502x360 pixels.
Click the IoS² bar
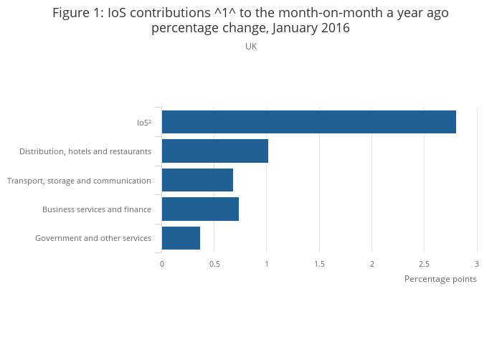coord(308,122)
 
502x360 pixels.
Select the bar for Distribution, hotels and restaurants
coord(214,151)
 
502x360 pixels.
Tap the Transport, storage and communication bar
coord(197,180)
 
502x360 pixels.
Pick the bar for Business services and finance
coord(200,209)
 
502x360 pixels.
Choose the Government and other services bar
coord(181,238)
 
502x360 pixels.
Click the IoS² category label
coord(143,123)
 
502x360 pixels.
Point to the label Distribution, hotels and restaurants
coord(85,151)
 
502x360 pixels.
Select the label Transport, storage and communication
coord(79,181)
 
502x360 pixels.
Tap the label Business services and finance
coord(97,209)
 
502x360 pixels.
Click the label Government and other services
coord(93,238)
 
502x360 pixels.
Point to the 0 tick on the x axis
coord(162,264)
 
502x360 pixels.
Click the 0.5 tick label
coord(214,264)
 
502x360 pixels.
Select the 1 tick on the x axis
coord(267,264)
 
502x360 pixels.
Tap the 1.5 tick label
coord(319,264)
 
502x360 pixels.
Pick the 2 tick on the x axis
coord(372,264)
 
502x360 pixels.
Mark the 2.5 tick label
coord(425,264)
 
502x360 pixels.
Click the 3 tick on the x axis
coord(477,264)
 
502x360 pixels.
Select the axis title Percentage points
coord(440,279)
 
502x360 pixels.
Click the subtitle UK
coord(251,47)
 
